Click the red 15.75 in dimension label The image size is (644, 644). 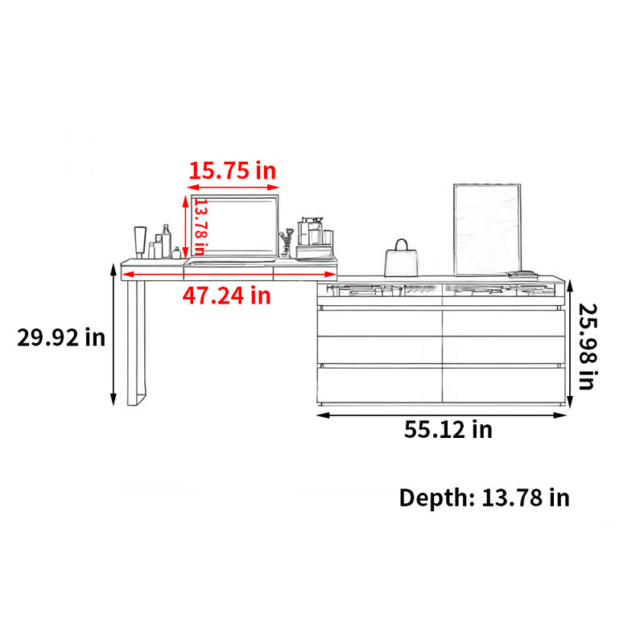232,171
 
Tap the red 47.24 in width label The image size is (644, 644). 227,295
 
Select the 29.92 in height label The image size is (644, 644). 61,337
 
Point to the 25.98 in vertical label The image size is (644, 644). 588,346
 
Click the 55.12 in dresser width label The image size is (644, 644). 448,430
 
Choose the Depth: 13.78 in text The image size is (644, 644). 485,497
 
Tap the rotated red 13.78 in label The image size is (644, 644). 200,227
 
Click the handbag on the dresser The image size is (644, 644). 401,258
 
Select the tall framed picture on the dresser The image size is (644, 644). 487,229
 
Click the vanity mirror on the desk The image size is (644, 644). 234,227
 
